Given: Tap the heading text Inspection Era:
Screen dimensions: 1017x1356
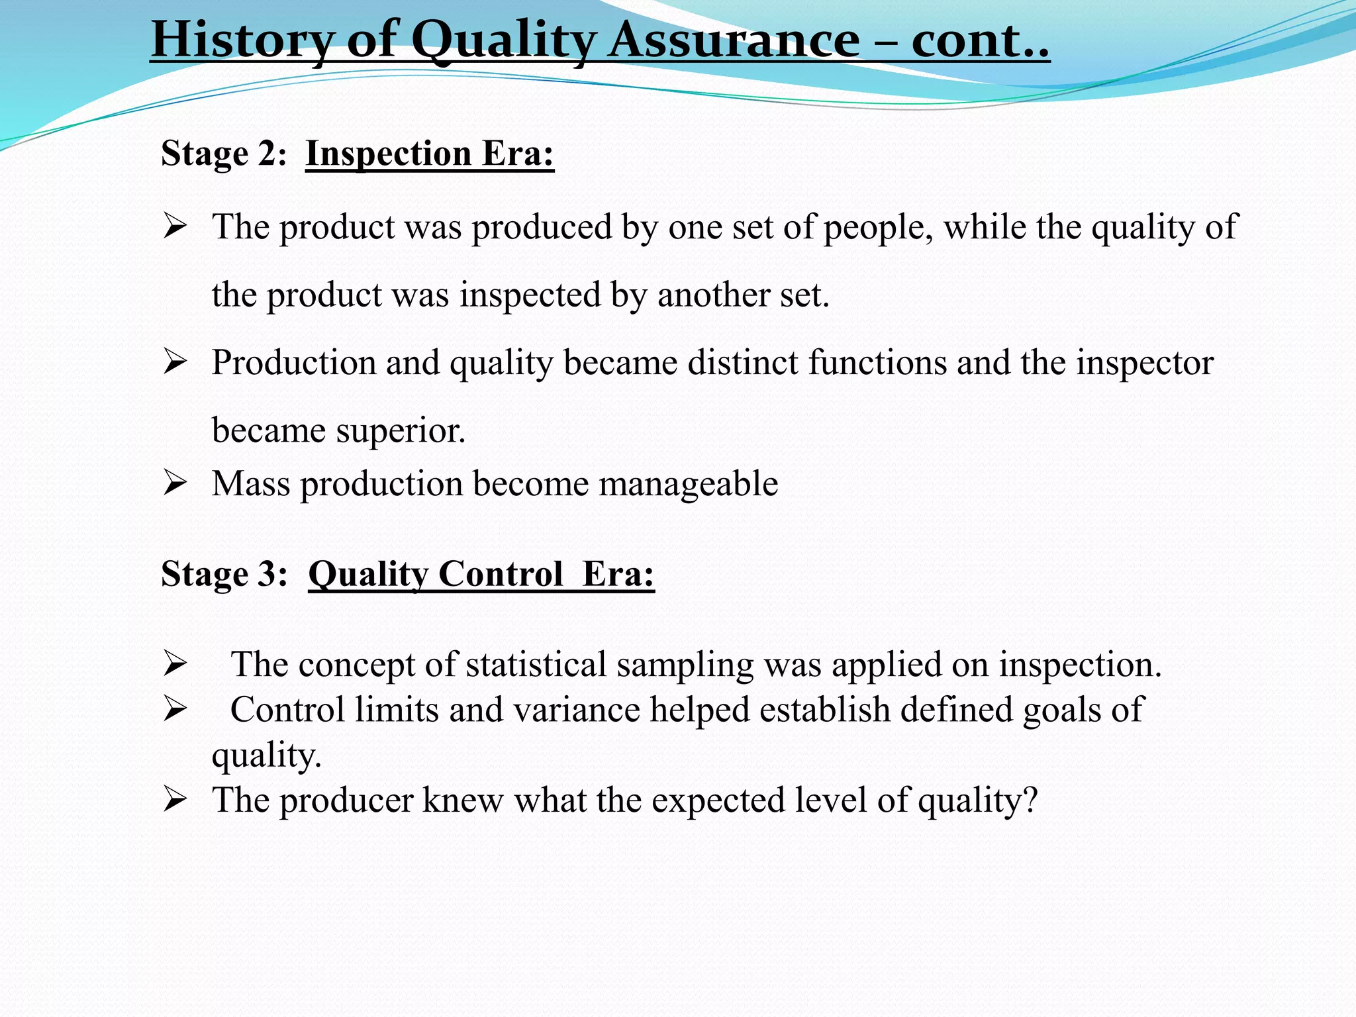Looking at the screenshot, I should pyautogui.click(x=430, y=154).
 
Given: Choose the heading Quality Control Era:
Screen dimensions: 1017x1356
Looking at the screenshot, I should pyautogui.click(x=481, y=573).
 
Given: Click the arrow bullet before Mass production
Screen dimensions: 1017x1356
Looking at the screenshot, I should pyautogui.click(x=175, y=483).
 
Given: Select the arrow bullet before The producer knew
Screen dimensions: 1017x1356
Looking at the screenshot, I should pyautogui.click(x=175, y=800).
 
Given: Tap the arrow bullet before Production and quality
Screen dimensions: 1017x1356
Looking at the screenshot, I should pyautogui.click(x=175, y=362).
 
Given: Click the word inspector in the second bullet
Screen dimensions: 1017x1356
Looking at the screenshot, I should pyautogui.click(x=1145, y=363).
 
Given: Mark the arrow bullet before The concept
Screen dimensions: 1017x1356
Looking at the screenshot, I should pyautogui.click(x=175, y=664).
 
